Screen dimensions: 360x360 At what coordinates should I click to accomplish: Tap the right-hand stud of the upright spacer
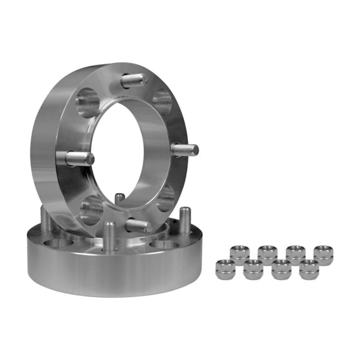(x=184, y=149)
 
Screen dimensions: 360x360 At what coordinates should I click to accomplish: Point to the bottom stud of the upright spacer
(x=139, y=226)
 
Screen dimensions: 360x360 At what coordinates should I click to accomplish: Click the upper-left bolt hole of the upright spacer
(x=88, y=103)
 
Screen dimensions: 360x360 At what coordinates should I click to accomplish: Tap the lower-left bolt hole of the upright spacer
(x=91, y=209)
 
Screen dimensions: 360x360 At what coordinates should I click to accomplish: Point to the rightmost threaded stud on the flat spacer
(x=185, y=221)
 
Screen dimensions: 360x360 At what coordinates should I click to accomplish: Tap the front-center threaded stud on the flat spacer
(x=109, y=235)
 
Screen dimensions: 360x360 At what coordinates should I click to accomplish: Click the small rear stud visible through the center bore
(x=120, y=199)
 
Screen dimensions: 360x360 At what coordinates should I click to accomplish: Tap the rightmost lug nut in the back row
(x=324, y=254)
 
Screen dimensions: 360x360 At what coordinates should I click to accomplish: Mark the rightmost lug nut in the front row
(x=308, y=269)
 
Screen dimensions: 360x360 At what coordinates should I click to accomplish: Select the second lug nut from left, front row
(x=253, y=270)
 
